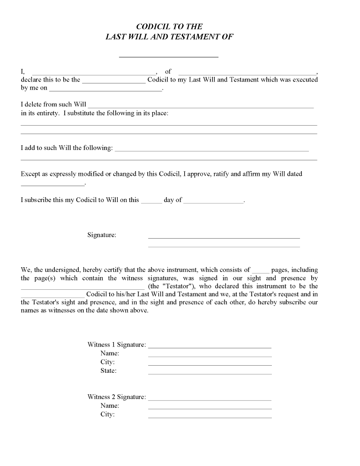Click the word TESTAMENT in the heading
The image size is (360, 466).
199,37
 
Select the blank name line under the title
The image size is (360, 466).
169,56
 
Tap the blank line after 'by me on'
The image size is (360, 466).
105,89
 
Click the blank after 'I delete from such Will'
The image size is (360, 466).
201,107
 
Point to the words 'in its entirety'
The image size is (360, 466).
40,113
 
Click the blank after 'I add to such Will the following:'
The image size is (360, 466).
212,150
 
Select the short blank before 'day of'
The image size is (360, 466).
151,202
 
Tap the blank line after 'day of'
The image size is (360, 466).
214,202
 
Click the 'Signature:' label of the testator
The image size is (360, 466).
102,235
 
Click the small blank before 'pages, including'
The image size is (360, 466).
261,272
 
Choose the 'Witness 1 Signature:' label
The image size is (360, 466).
117,345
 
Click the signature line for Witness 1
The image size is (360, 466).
210,347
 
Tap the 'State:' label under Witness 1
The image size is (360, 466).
108,371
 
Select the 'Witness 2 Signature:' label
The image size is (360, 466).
117,397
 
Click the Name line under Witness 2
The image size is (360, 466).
210,408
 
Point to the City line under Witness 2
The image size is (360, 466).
210,417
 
